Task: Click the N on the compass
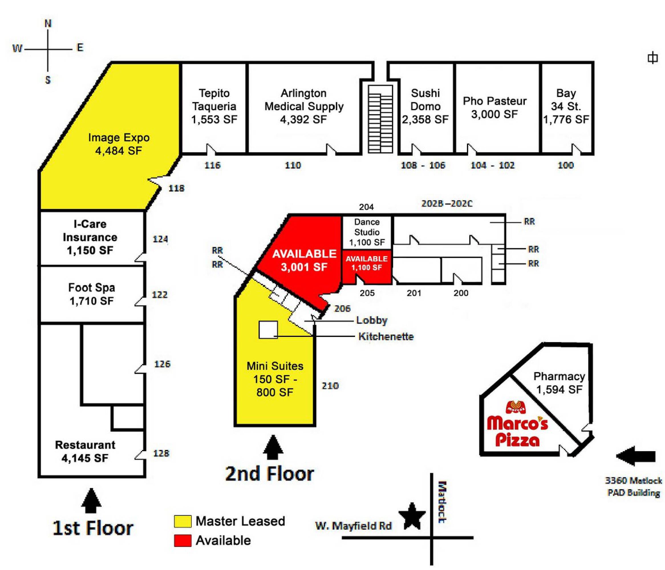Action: click(48, 23)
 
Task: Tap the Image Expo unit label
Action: click(119, 144)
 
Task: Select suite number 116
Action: click(212, 165)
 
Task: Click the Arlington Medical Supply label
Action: click(304, 106)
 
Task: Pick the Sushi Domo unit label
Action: click(425, 106)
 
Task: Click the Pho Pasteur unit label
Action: click(494, 107)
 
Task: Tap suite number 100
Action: click(565, 165)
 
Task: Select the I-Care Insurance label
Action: click(90, 237)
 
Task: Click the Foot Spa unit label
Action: click(92, 294)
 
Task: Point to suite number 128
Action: click(161, 453)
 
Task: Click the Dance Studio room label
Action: click(367, 232)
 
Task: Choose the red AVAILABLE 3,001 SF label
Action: click(304, 260)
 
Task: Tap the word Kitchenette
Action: click(386, 337)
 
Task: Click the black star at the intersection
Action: click(412, 516)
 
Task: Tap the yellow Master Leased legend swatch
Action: click(183, 521)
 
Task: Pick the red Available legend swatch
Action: click(183, 540)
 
